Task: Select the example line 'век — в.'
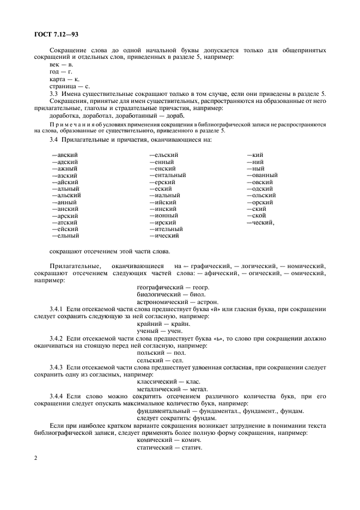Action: pos(61,64)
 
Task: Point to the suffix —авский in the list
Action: pos(65,155)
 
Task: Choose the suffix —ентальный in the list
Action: pos(167,175)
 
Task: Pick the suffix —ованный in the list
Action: pos(262,175)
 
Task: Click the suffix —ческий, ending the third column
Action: pos(260,222)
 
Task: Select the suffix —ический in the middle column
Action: pos(164,236)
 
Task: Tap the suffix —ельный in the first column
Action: pos(65,236)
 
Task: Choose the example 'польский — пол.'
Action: pos(160,353)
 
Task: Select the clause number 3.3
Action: pos(54,94)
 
